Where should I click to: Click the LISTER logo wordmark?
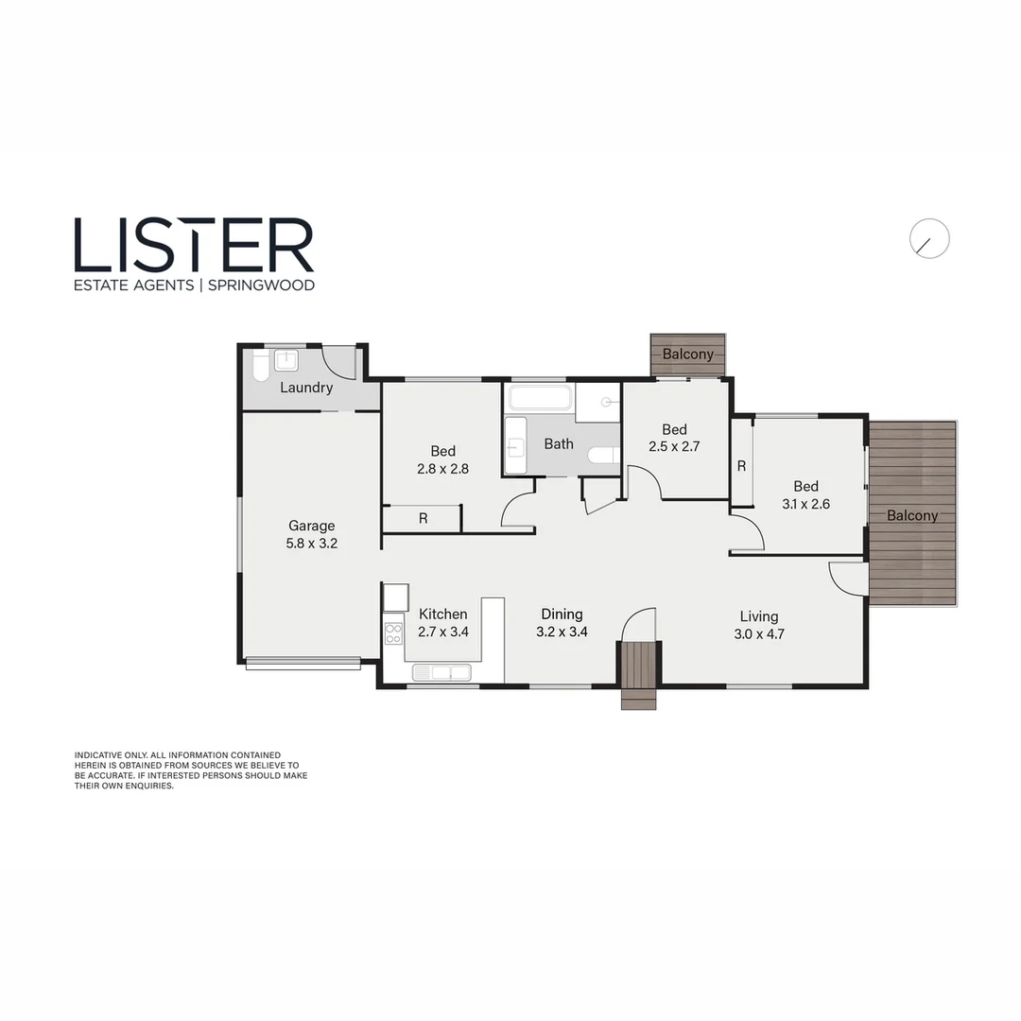tap(194, 245)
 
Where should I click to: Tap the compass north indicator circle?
tap(929, 240)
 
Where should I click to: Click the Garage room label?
tap(311, 526)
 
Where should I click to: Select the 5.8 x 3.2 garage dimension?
tap(311, 544)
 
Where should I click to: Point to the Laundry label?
tap(306, 388)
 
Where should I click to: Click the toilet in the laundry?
tap(260, 365)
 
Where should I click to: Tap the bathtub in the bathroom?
tap(540, 397)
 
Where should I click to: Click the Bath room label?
tap(558, 443)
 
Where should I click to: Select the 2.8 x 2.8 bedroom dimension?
tap(442, 468)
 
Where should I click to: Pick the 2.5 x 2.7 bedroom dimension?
tap(673, 447)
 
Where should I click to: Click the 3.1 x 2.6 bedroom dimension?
tap(805, 504)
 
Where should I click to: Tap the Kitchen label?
tap(442, 614)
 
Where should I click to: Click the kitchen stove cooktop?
tap(393, 633)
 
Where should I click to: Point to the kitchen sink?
tap(442, 672)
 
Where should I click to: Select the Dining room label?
tap(562, 614)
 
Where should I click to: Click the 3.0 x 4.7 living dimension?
tap(759, 634)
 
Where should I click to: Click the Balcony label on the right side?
tap(912, 515)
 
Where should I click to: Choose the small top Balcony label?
tap(687, 355)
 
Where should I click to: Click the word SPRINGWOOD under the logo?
tap(258, 285)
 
